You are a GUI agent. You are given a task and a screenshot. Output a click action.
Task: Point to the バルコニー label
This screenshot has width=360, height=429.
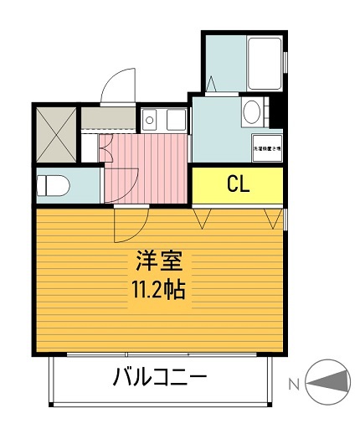(160, 379)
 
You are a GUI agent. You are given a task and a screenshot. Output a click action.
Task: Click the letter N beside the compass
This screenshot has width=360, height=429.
(293, 385)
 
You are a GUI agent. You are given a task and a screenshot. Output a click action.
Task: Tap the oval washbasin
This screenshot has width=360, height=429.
(250, 111)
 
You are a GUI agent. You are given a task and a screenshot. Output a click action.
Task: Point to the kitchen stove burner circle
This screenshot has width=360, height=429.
(149, 120)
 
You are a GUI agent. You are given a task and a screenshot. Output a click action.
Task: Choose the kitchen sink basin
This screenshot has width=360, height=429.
(174, 120)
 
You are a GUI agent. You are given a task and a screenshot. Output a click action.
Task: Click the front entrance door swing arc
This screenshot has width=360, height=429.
(117, 85)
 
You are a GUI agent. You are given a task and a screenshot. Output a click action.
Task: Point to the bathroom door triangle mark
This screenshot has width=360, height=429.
(212, 85)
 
